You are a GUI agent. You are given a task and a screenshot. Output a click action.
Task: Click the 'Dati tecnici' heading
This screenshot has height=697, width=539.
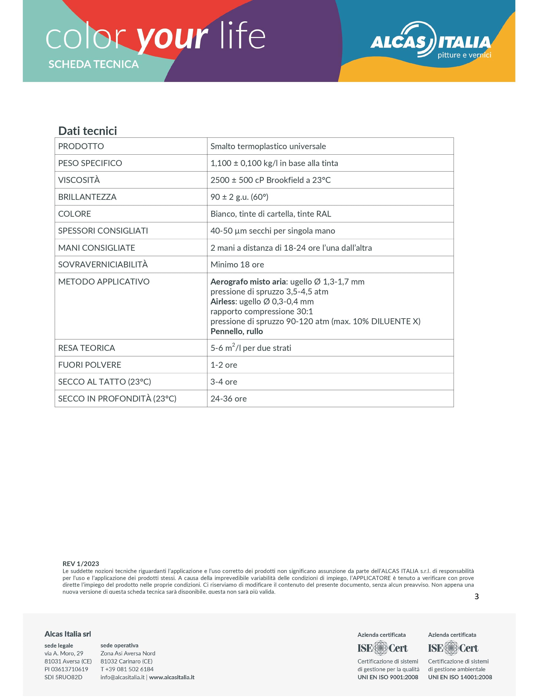click(88, 131)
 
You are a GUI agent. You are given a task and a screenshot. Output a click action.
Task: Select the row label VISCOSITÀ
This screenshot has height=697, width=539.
click(79, 180)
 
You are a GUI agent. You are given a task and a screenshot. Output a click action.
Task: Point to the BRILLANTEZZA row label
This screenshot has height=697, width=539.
click(87, 197)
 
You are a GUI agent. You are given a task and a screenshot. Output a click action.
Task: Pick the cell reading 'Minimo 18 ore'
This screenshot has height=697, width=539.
click(237, 265)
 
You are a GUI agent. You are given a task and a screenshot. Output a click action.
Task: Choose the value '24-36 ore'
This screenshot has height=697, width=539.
click(229, 399)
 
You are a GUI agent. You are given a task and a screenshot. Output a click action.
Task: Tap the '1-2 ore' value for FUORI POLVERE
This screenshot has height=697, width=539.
click(224, 365)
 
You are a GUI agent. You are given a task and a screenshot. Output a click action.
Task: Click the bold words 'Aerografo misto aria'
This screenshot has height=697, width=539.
click(248, 282)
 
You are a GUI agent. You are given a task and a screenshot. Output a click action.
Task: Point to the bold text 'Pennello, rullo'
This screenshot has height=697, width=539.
click(237, 331)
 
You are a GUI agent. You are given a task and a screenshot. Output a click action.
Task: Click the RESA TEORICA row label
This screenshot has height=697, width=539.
click(86, 348)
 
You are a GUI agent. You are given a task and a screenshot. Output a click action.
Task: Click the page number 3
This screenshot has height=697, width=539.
click(476, 596)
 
